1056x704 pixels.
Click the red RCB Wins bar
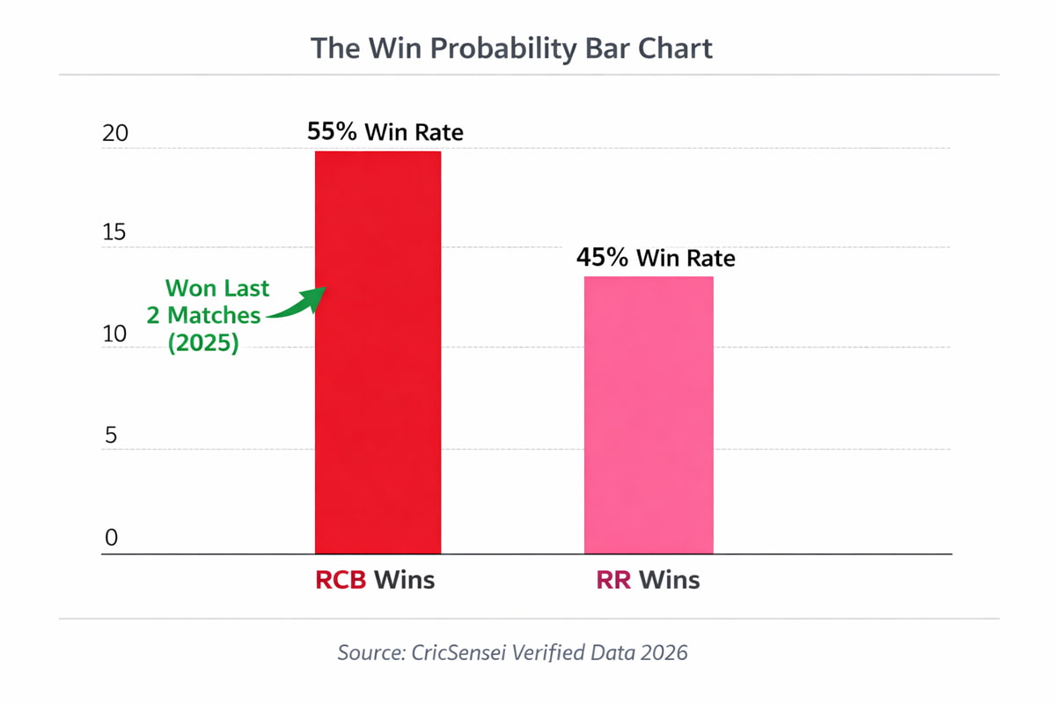(x=378, y=352)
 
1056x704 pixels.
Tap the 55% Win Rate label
(x=385, y=132)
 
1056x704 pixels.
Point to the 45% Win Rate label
(x=656, y=258)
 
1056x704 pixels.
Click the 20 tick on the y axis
(x=115, y=134)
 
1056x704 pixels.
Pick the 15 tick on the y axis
(x=115, y=233)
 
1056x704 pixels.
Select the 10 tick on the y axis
(x=115, y=335)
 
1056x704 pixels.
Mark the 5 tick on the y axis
(x=112, y=437)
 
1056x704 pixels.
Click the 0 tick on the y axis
(x=111, y=538)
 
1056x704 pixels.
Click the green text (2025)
(x=203, y=343)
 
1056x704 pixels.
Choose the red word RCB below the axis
(x=341, y=581)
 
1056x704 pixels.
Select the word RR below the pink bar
(x=613, y=581)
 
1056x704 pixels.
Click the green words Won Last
(x=217, y=288)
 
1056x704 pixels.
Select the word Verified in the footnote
(x=546, y=653)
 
